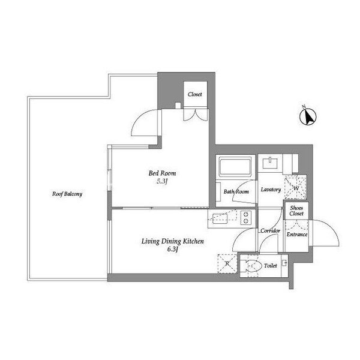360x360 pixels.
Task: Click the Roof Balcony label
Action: [x=67, y=194]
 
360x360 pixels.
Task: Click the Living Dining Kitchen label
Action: [x=173, y=241]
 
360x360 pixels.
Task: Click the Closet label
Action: [x=194, y=95]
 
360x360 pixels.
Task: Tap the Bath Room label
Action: [x=236, y=192]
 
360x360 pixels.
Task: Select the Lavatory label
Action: [x=271, y=190]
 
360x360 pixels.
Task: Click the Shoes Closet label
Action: [x=296, y=211]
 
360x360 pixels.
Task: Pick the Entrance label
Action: [x=297, y=235]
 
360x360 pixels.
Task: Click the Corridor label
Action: [x=269, y=231]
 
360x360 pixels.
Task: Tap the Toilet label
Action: [x=271, y=265]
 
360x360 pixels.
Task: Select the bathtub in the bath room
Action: [x=236, y=167]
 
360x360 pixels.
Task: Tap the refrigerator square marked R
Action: [x=227, y=263]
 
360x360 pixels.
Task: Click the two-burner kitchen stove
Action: [x=246, y=217]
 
